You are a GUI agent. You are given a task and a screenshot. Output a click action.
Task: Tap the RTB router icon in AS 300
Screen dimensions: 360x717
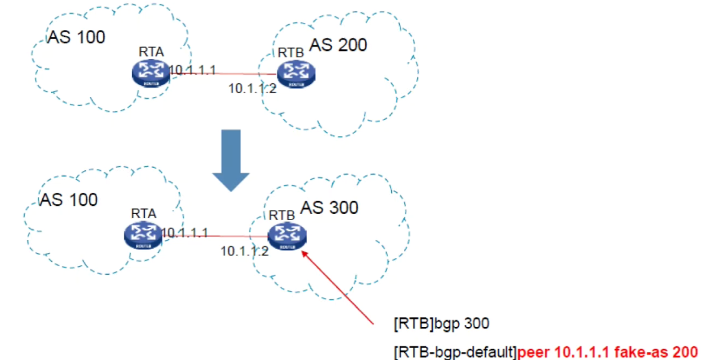(287, 236)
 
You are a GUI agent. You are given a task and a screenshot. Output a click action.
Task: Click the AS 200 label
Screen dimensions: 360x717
(338, 45)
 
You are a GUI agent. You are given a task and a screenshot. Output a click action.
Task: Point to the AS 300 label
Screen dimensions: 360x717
(330, 207)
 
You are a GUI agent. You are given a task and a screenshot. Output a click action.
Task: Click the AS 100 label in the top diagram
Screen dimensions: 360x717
(76, 37)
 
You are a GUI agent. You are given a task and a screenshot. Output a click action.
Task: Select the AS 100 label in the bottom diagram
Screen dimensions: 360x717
(68, 199)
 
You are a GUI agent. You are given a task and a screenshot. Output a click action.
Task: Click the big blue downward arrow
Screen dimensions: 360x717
(231, 160)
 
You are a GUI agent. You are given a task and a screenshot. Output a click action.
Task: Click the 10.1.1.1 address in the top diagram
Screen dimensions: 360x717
(193, 70)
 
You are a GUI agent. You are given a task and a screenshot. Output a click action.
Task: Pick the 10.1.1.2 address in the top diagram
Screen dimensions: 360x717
(252, 88)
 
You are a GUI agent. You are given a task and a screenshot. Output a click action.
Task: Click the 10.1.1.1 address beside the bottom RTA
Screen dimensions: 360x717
(184, 233)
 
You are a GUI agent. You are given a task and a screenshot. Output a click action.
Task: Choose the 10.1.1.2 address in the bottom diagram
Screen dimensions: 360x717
(244, 251)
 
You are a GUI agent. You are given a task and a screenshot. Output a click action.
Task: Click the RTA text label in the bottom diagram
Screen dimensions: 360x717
(144, 213)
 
